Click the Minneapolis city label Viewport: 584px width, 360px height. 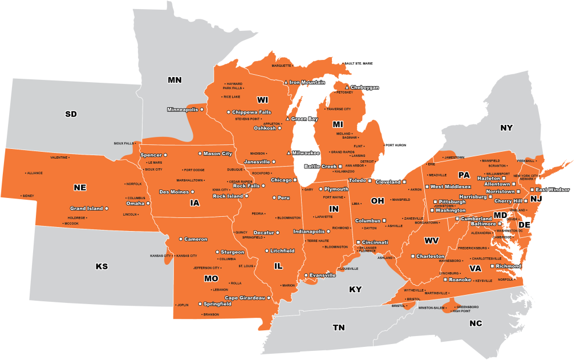coord(182,109)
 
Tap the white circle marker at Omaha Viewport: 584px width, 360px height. coord(147,203)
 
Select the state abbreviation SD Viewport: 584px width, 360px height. coord(71,114)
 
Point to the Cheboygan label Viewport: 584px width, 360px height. coord(364,87)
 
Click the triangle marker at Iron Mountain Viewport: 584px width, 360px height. coord(286,83)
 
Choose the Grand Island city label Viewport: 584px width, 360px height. coord(87,208)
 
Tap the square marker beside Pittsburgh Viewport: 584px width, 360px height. coord(435,202)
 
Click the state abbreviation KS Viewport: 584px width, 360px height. coord(102,266)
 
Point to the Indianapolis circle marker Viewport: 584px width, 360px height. coord(328,232)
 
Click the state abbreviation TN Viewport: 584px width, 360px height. coord(339,327)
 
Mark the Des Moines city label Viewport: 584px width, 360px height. coord(174,192)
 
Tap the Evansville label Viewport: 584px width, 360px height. coord(322,275)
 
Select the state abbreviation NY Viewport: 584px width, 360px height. coord(506,128)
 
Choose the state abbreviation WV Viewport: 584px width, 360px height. coord(431,240)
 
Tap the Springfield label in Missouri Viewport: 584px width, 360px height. coord(217,304)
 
